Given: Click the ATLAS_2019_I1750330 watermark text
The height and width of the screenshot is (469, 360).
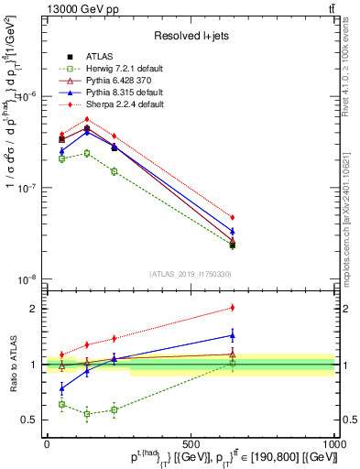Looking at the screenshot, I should coord(191,274).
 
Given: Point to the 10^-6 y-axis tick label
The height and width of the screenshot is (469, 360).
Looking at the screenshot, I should coord(27,96).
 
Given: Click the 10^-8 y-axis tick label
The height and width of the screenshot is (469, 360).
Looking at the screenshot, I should coord(27,278).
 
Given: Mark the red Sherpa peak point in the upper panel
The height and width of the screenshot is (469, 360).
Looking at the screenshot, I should coord(87,119).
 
